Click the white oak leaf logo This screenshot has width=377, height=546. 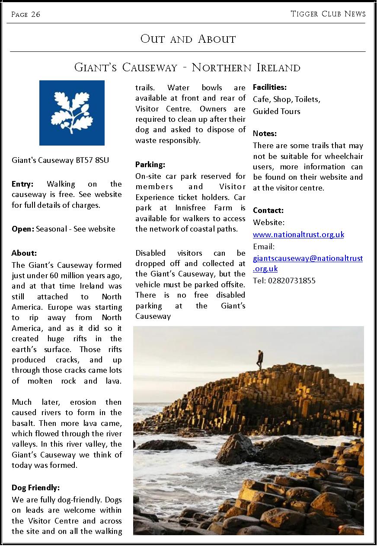tap(72, 113)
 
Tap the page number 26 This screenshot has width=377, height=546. tap(35, 14)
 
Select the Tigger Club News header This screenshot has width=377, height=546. tap(328, 14)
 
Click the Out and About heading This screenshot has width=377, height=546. tap(188, 39)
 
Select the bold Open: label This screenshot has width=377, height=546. tap(22, 229)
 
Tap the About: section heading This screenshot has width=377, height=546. tap(24, 253)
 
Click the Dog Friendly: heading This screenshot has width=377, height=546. tap(35, 488)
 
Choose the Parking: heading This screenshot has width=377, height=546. tap(150, 165)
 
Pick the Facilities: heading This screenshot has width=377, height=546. tap(270, 87)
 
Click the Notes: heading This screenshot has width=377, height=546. tap(265, 133)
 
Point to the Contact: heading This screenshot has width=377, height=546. tap(268, 211)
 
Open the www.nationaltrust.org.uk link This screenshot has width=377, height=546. tap(298, 235)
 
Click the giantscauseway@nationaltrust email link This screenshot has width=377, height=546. tap(307, 258)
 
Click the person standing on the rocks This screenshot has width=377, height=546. tap(259, 359)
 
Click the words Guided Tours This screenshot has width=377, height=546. tap(276, 111)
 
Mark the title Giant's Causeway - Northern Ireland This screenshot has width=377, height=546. tap(187, 67)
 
